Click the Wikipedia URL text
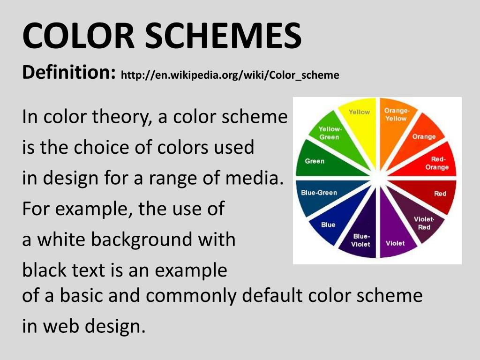click(x=230, y=75)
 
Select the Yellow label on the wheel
click(x=359, y=112)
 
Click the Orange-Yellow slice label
click(x=396, y=115)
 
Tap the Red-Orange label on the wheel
click(x=437, y=163)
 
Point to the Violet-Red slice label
click(x=424, y=223)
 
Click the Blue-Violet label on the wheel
click(x=361, y=240)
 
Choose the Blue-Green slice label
click(x=319, y=193)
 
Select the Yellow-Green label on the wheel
click(x=330, y=133)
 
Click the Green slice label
click(x=315, y=161)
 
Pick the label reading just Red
click(x=440, y=194)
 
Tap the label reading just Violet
click(x=395, y=243)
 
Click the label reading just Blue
click(x=328, y=225)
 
